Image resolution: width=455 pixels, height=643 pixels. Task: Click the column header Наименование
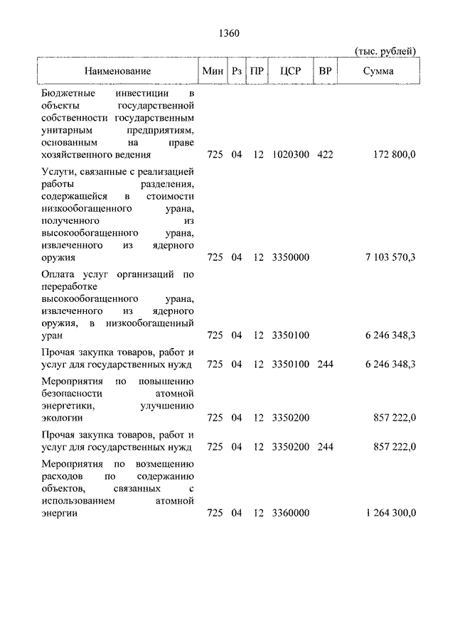pyautogui.click(x=118, y=71)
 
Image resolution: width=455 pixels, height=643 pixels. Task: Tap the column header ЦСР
pyautogui.click(x=291, y=71)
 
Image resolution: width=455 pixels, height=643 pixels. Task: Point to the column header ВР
pyautogui.click(x=325, y=71)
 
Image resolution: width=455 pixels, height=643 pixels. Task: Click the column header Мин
pyautogui.click(x=213, y=71)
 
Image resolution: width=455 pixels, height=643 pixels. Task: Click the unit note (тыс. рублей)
pyautogui.click(x=385, y=51)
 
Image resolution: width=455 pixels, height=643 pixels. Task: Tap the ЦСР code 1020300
pyautogui.click(x=290, y=154)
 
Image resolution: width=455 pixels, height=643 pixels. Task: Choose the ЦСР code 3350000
pyautogui.click(x=290, y=257)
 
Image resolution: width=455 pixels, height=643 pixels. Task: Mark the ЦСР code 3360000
pyautogui.click(x=290, y=513)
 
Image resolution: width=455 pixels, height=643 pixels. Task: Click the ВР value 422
pyautogui.click(x=325, y=154)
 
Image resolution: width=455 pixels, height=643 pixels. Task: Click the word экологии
pyautogui.click(x=60, y=418)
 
